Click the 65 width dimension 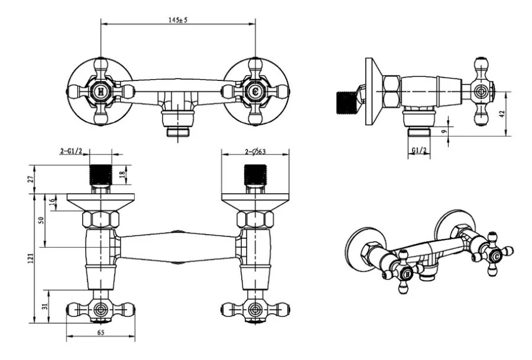coord(100,332)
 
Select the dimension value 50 coord(42,220)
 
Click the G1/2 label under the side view coord(419,150)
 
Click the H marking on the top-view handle coord(101,92)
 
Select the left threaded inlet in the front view coord(101,173)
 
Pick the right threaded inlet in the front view coord(255,173)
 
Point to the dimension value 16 coord(52,202)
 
